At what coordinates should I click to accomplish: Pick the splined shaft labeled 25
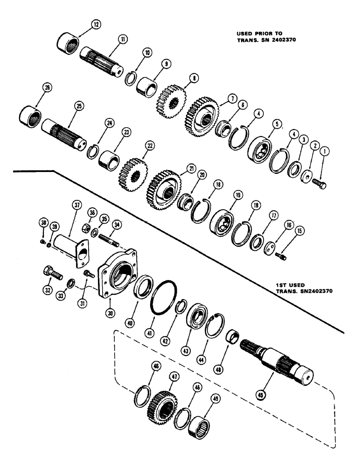(65, 132)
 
